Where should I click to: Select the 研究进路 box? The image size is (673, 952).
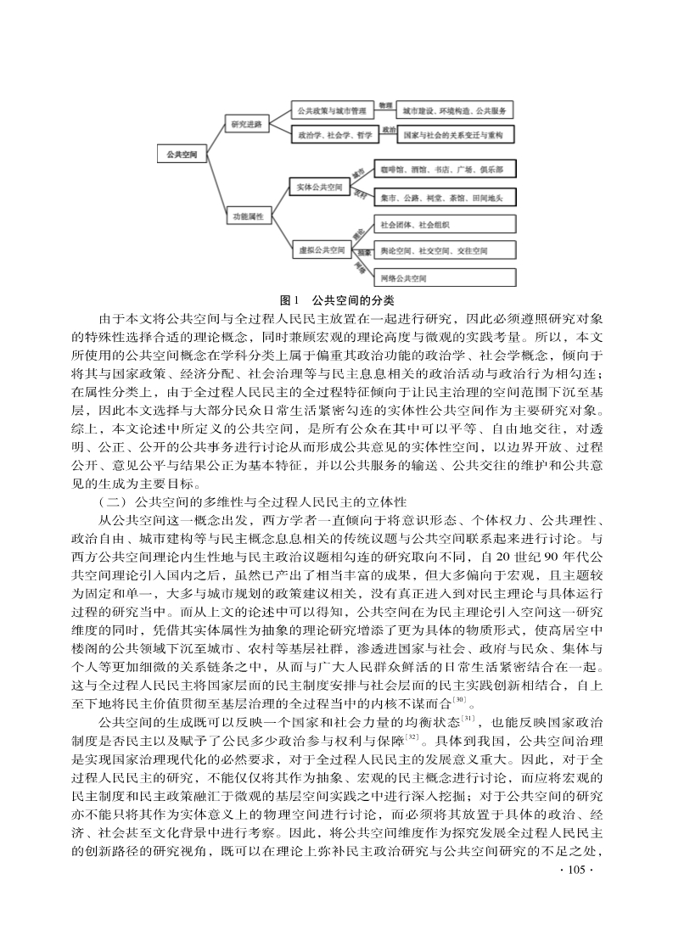click(245, 123)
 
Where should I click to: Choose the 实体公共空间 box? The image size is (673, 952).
click(320, 186)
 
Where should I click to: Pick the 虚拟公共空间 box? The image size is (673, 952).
click(320, 251)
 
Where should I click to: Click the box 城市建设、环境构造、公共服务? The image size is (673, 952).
click(455, 111)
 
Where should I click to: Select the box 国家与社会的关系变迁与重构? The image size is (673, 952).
click(455, 135)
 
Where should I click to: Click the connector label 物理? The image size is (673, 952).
click(385, 105)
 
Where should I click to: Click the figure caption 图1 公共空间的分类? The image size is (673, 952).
click(336, 300)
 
